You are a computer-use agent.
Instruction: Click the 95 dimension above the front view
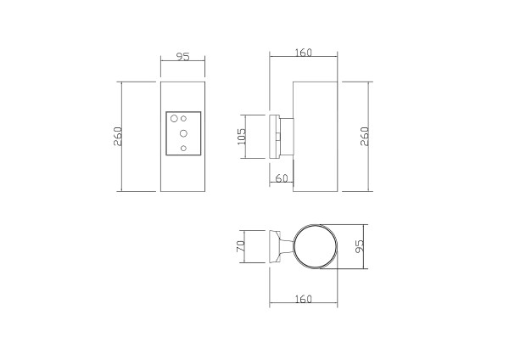(182, 57)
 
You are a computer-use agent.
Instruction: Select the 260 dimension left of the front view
(118, 136)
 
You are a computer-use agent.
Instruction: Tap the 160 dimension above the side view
(304, 53)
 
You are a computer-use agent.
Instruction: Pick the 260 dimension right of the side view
(365, 136)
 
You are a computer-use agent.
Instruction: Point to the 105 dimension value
(242, 137)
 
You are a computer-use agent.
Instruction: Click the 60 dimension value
(282, 178)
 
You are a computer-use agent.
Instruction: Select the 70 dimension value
(241, 246)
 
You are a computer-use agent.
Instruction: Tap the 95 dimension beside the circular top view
(360, 246)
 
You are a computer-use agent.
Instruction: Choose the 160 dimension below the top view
(304, 299)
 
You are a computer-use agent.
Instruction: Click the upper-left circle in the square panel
(174, 118)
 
